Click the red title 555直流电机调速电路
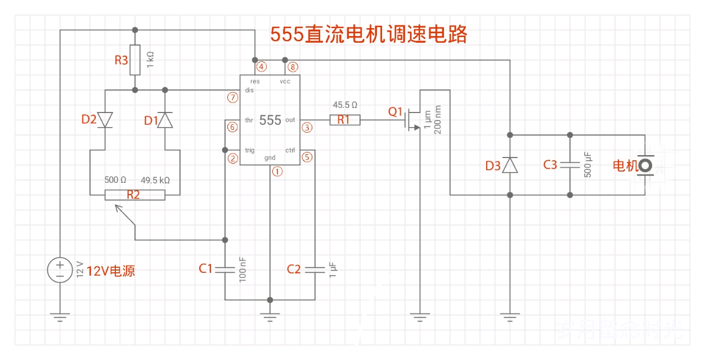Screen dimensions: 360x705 click(369, 35)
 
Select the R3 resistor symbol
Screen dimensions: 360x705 click(134, 60)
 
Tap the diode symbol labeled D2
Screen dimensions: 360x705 click(105, 120)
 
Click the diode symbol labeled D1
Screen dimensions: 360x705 click(165, 120)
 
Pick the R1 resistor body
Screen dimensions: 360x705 click(344, 119)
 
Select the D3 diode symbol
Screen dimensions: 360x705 click(510, 165)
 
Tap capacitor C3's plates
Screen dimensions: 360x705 click(569, 165)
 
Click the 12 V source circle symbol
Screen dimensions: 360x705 click(59, 269)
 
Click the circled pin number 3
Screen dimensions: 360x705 click(307, 128)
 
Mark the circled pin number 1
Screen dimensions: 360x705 click(277, 172)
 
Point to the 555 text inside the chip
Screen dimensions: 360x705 click(270, 120)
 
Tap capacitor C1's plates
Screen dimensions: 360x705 click(224, 269)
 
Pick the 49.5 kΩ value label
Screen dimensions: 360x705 click(155, 181)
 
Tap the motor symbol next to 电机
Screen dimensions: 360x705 click(645, 165)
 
